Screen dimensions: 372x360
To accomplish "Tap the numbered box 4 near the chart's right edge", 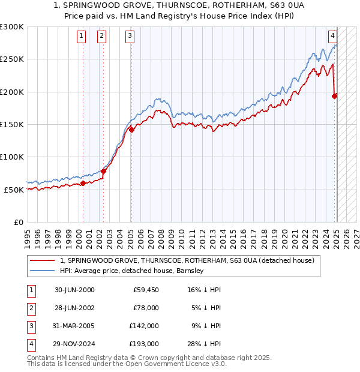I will pos(332,35).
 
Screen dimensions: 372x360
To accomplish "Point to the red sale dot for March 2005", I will pos(131,130).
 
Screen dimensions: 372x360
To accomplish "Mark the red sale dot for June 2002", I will pos(103,171).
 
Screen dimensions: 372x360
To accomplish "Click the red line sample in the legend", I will pos(42,261).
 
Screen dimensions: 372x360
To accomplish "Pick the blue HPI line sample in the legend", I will pos(42,271).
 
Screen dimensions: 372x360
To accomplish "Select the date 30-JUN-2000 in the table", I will pos(74,290).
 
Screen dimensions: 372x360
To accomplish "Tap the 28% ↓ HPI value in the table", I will pos(204,344).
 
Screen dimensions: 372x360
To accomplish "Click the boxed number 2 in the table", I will pos(31,308).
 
